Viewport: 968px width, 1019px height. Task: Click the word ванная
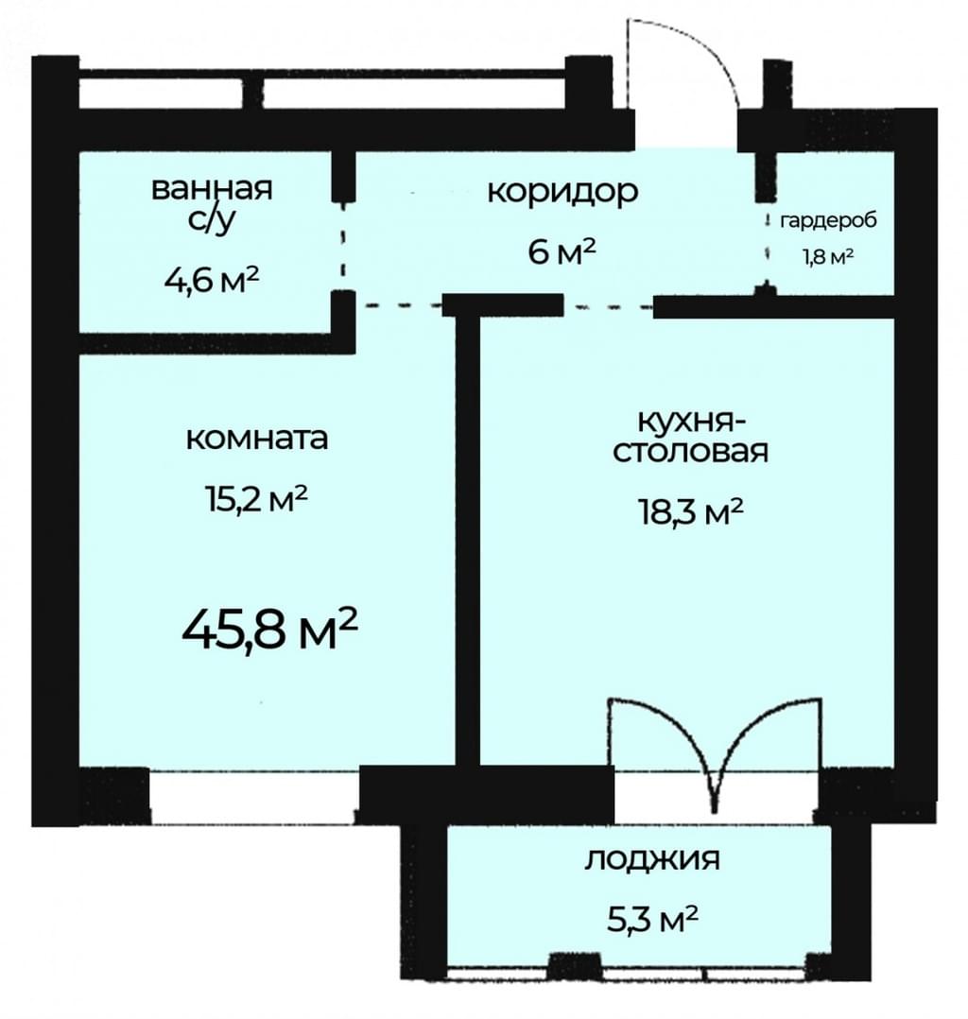(x=212, y=189)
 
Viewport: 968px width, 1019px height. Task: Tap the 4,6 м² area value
(x=212, y=281)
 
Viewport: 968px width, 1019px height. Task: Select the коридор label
(x=562, y=193)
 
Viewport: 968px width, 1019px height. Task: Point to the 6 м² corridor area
(x=562, y=251)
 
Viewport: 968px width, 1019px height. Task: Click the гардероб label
(x=828, y=221)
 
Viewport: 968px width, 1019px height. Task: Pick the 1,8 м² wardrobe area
(x=828, y=257)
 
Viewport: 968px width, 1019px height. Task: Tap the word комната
(x=257, y=439)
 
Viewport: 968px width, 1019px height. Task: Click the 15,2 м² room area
(x=255, y=500)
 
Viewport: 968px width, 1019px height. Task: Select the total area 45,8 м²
(x=269, y=630)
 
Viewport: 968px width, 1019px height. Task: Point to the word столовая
(x=690, y=452)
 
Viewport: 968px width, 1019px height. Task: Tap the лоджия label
(x=652, y=861)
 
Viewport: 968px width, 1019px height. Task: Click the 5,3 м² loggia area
(x=652, y=920)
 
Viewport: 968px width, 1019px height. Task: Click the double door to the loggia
(x=715, y=754)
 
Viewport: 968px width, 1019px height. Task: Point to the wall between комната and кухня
(x=467, y=540)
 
